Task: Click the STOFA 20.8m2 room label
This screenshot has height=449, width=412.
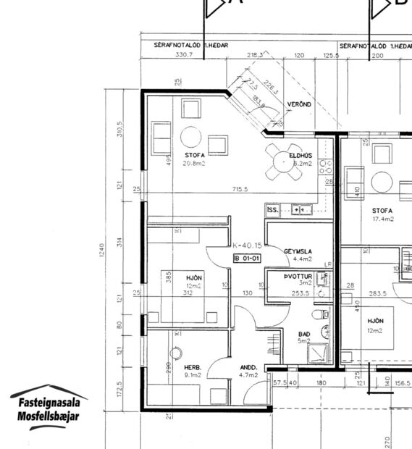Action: click(194, 159)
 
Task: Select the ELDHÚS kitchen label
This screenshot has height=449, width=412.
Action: click(300, 159)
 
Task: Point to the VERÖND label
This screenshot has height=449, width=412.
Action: click(299, 105)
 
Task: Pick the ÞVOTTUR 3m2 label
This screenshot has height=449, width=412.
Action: click(298, 280)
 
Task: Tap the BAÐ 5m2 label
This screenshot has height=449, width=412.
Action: click(304, 337)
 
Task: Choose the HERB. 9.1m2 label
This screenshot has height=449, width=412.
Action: click(193, 371)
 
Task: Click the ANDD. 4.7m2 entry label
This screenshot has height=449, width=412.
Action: click(248, 371)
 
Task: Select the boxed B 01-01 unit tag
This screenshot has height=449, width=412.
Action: click(247, 258)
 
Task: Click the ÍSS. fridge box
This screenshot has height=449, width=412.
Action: click(272, 210)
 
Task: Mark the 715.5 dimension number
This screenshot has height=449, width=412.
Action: click(240, 189)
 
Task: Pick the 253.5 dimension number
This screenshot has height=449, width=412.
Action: click(300, 293)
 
